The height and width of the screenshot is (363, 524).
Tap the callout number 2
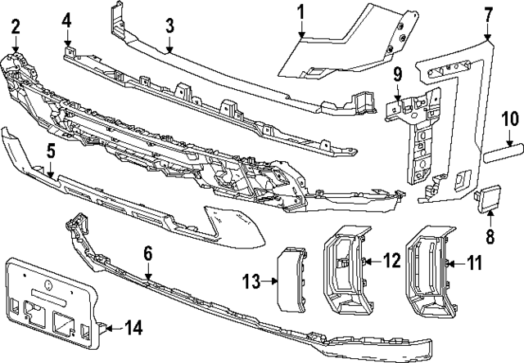point(16,29)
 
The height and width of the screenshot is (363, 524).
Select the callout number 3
point(169,25)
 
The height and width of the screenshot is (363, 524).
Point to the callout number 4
point(66,19)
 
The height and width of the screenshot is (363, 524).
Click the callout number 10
point(510,119)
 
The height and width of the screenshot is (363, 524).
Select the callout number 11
point(474,263)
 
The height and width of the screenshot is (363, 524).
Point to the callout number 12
point(391,262)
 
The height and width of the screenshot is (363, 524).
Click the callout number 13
point(250,282)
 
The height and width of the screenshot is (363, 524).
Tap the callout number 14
point(131,328)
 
